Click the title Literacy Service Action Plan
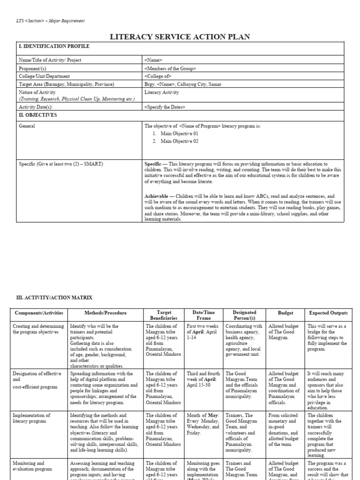tap(180, 37)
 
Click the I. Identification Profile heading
tap(54, 47)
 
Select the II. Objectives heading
tap(37, 115)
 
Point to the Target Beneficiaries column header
tap(164, 315)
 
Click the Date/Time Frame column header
tap(203, 315)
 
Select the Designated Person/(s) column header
tap(244, 315)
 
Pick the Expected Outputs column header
tap(328, 313)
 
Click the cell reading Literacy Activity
tap(162, 92)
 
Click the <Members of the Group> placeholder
tap(171, 68)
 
